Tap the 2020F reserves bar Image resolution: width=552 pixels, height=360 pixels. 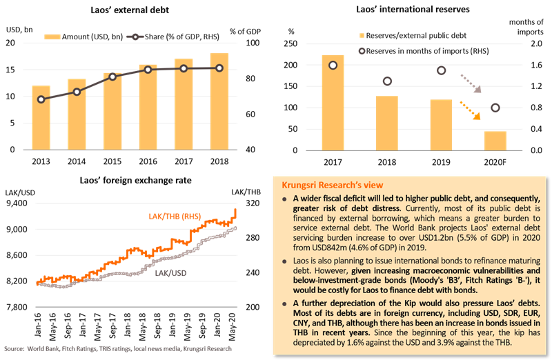tap(495, 141)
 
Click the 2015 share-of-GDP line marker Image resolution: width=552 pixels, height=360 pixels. tap(112, 76)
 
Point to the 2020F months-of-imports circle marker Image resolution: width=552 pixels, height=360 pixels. tap(495, 108)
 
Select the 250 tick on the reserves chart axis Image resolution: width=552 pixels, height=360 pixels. tap(293, 44)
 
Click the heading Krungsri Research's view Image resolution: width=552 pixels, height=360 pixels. tap(328, 185)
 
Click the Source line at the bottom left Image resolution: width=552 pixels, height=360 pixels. tap(117, 350)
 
